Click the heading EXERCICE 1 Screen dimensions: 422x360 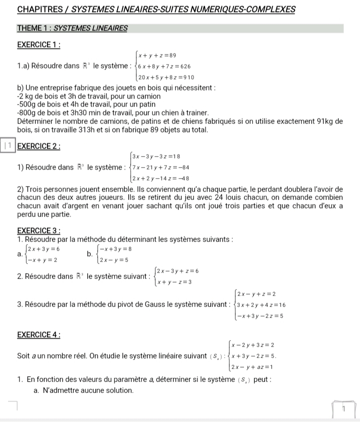(x=39, y=44)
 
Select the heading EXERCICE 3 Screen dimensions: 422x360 (x=39, y=230)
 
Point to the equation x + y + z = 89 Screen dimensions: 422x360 (x=156, y=55)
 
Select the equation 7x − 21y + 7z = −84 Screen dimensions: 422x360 (x=160, y=167)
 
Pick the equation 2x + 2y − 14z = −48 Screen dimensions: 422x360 (x=160, y=178)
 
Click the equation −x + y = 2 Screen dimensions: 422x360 (x=42, y=260)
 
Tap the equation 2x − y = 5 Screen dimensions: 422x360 (x=114, y=260)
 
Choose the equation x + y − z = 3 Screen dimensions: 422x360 (x=174, y=281)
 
